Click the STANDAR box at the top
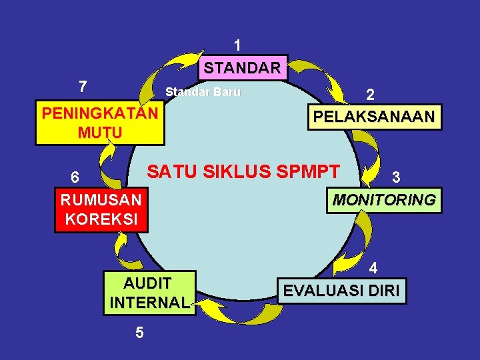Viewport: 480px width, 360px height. pos(243,68)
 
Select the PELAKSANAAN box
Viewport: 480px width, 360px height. pos(374,117)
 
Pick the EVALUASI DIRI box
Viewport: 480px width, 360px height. pos(341,291)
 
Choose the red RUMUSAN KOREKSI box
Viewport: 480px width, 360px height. pos(101,210)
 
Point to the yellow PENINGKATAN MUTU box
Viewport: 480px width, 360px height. pos(99,123)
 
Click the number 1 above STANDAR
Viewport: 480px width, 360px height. pos(237,45)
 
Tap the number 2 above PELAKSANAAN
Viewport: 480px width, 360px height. pos(370,95)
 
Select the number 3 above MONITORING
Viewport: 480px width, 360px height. pos(396,177)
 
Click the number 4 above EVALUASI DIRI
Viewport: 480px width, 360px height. pos(374,268)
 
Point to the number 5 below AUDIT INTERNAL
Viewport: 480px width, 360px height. pos(139,332)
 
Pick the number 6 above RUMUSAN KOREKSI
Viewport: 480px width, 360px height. pos(76,177)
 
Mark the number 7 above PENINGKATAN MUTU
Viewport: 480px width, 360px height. pos(82,86)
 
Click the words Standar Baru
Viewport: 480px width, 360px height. pos(203,92)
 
